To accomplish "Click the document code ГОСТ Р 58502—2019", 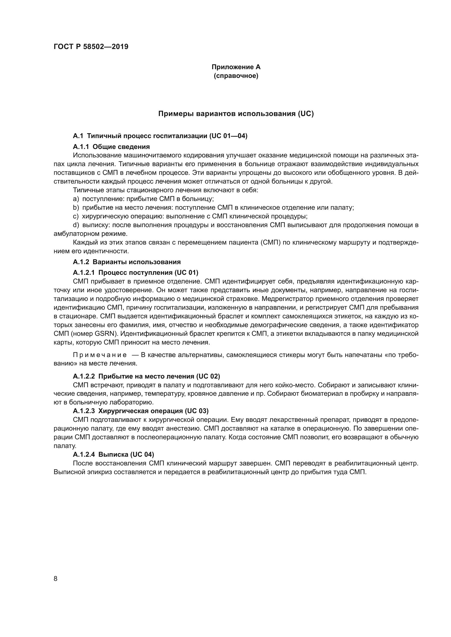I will tap(91, 47).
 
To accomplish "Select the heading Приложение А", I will tap(236, 67).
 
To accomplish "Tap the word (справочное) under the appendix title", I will tap(236, 76).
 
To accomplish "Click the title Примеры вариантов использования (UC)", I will tap(236, 114).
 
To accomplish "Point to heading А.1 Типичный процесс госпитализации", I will tap(160, 136).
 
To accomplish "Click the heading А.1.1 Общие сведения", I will tap(111, 147).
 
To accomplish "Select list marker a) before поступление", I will tap(76, 199).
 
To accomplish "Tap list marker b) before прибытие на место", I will tap(76, 208).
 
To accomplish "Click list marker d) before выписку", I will tap(76, 225).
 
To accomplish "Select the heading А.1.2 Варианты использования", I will tap(127, 262).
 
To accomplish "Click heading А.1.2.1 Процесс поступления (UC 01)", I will tap(136, 272).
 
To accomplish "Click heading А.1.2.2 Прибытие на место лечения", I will tap(146, 376).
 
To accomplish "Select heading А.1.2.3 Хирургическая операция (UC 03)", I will tap(140, 411).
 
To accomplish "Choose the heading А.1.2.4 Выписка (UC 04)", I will tap(113, 455).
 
